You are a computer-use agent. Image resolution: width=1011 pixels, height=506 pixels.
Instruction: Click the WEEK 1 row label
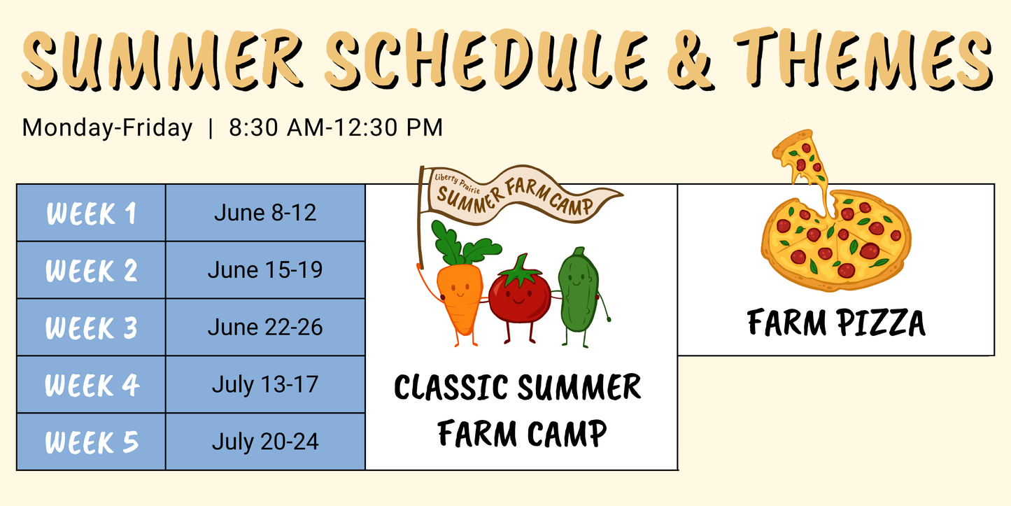coord(91,213)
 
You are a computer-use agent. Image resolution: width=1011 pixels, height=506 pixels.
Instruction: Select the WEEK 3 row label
coord(91,328)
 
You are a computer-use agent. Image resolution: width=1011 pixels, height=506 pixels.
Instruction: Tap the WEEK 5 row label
coord(91,442)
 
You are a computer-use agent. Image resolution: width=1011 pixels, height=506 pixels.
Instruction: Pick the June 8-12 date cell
coord(265,213)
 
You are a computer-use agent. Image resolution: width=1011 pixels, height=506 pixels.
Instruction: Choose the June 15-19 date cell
coord(265,270)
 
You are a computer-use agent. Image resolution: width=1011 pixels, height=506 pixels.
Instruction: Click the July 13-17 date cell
coord(265,384)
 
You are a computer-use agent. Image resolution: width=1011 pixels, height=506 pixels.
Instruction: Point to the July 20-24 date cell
coord(265,442)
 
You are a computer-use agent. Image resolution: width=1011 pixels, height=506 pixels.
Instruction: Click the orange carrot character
coord(458,297)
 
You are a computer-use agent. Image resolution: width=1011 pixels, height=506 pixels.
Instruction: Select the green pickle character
coord(577,294)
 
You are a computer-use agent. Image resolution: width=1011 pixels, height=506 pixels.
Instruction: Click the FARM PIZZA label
coord(837,323)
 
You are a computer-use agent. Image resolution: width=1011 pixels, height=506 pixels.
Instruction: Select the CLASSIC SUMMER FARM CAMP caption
coord(518,410)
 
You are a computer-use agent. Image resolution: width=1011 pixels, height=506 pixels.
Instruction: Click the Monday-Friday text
coord(107,128)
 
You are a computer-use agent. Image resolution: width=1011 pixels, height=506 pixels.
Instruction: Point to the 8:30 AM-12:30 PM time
coord(336,128)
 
